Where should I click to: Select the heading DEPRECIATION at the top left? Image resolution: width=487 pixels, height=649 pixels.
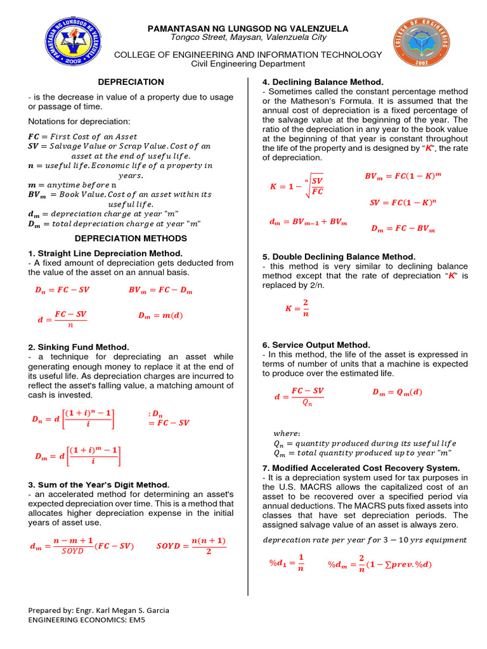coord(131,82)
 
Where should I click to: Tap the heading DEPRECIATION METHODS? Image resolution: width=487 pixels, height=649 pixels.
coord(131,238)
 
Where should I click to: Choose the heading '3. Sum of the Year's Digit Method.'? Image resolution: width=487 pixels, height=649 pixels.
coord(98,485)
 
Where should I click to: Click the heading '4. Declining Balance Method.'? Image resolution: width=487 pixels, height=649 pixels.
coord(323,82)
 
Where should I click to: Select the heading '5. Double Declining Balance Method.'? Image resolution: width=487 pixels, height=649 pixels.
coord(339,257)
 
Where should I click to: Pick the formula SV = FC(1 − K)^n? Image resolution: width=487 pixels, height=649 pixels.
coord(403,203)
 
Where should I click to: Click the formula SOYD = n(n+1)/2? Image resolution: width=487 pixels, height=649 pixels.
coord(191,546)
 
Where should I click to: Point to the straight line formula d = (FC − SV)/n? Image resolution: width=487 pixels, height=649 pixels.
coord(62,319)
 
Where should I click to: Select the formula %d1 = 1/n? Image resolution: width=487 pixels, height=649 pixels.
coord(289,563)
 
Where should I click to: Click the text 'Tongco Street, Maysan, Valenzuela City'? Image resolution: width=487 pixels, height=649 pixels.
coord(248,37)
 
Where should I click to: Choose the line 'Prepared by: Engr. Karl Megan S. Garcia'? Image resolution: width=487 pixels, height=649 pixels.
coord(98,610)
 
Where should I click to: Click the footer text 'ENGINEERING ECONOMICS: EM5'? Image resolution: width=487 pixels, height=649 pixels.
coord(87,620)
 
